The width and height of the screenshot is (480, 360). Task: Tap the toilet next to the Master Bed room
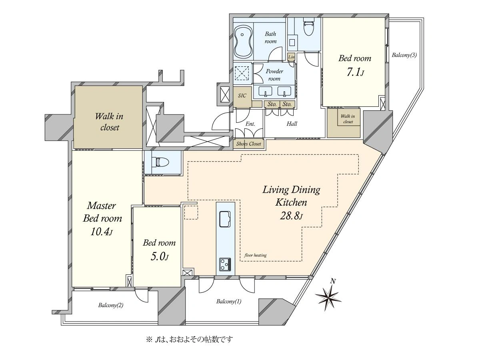pyautogui.click(x=162, y=162)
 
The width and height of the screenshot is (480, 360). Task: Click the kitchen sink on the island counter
pyautogui.click(x=225, y=219)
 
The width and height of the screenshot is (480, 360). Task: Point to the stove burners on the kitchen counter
pyautogui.click(x=225, y=264)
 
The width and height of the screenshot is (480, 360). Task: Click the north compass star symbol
pyautogui.click(x=328, y=297)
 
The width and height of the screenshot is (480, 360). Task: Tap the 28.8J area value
pyautogui.click(x=291, y=216)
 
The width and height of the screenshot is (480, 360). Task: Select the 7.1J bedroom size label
pyautogui.click(x=355, y=72)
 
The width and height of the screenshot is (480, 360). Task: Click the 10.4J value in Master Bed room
pyautogui.click(x=102, y=232)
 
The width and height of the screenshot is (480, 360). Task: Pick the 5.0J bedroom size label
pyautogui.click(x=160, y=257)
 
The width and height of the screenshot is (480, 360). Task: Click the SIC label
pyautogui.click(x=242, y=96)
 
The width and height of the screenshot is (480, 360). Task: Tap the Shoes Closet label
pyautogui.click(x=249, y=144)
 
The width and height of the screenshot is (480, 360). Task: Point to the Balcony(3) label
pyautogui.click(x=404, y=55)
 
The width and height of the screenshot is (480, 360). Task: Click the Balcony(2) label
pyautogui.click(x=111, y=305)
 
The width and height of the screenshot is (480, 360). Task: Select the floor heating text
pyautogui.click(x=256, y=255)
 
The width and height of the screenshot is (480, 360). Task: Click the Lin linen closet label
pyautogui.click(x=291, y=57)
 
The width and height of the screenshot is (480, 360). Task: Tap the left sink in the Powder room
pyautogui.click(x=265, y=91)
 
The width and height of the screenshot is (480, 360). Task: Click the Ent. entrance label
pyautogui.click(x=250, y=124)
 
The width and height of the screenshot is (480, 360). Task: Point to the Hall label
pyautogui.click(x=292, y=124)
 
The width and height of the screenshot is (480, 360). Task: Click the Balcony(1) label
pyautogui.click(x=229, y=302)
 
